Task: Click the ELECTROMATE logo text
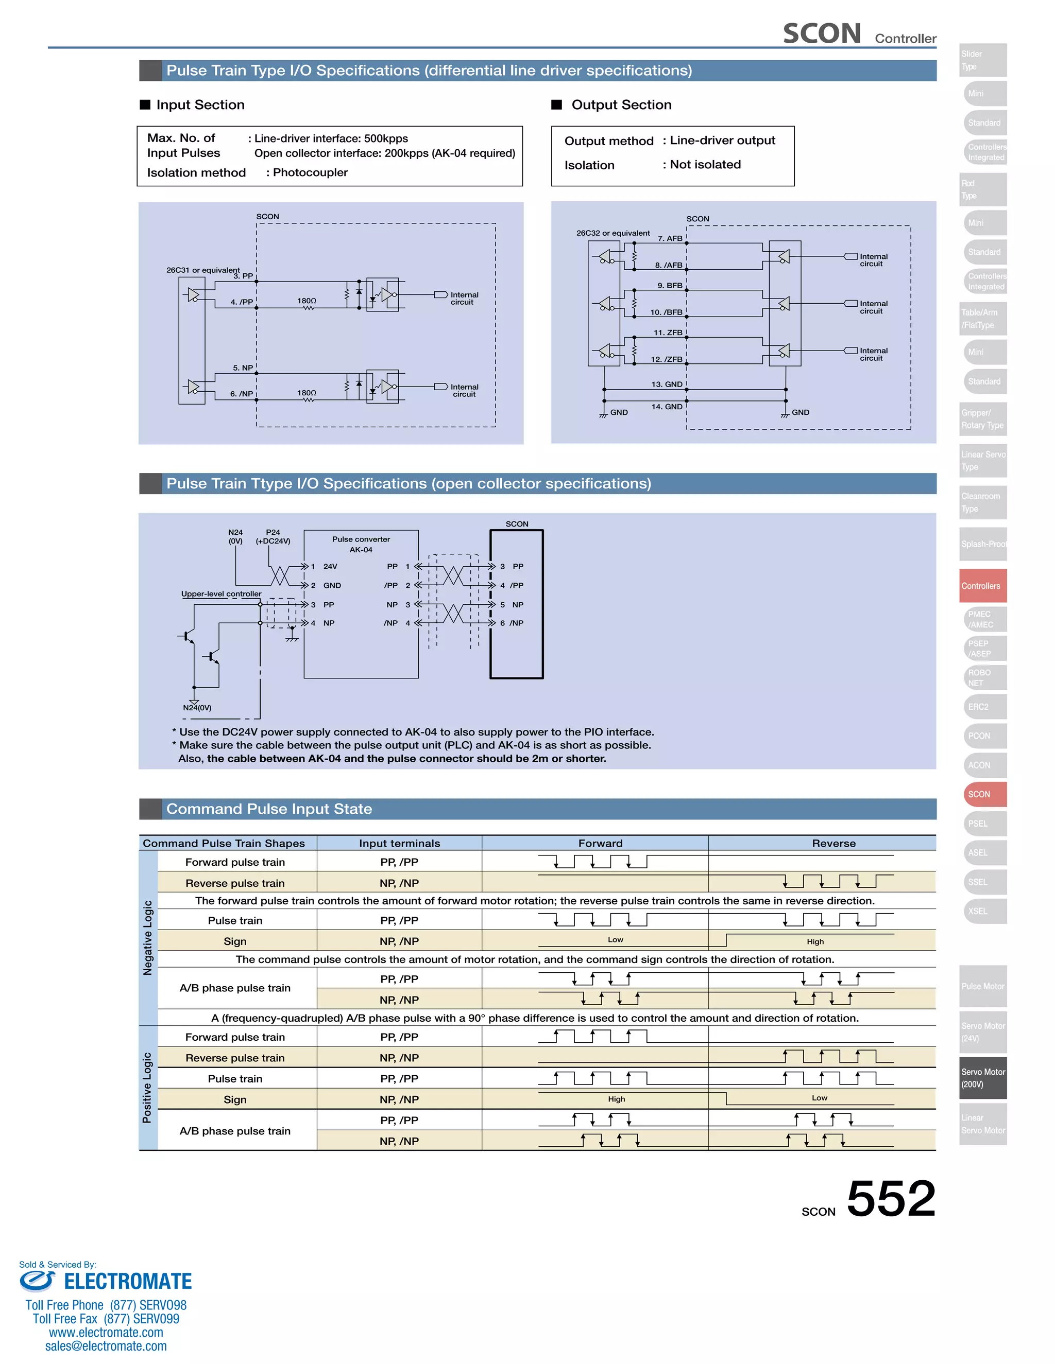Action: coord(128,1281)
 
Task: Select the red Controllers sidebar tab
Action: coord(982,586)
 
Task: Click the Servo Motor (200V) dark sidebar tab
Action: coord(982,1078)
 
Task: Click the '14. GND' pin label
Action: coord(667,407)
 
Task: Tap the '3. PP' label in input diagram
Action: coord(243,276)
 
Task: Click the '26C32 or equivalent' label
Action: coord(612,233)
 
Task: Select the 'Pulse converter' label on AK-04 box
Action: coord(361,539)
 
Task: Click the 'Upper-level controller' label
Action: coord(221,594)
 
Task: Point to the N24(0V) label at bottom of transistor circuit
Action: coord(197,708)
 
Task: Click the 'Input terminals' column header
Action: coord(399,843)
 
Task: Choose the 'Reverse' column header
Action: coord(833,843)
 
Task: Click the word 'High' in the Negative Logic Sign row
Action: coord(815,942)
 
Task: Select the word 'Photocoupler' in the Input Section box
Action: coord(310,172)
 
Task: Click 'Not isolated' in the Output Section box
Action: coord(705,164)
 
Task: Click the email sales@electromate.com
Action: coord(106,1346)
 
